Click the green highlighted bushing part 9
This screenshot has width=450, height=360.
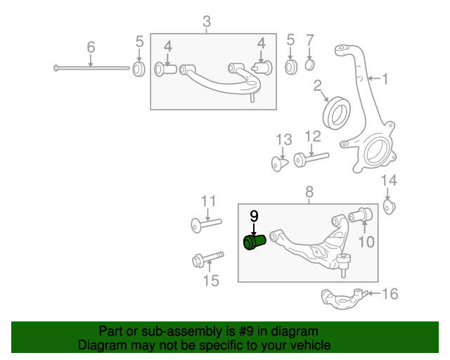[253, 243]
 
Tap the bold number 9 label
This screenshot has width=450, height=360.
[254, 215]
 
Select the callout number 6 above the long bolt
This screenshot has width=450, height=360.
[91, 47]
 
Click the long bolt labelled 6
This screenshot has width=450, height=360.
[91, 68]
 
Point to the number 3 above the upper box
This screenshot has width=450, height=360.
[206, 22]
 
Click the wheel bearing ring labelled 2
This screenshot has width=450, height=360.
[336, 111]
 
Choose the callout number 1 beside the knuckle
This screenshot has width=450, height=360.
[384, 78]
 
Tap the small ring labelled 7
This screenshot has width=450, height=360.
[309, 67]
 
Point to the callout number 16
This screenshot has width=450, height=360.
[389, 293]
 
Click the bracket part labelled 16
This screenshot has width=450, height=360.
[342, 298]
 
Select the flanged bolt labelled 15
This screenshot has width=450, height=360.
[207, 259]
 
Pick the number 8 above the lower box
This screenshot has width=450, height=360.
[309, 191]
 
